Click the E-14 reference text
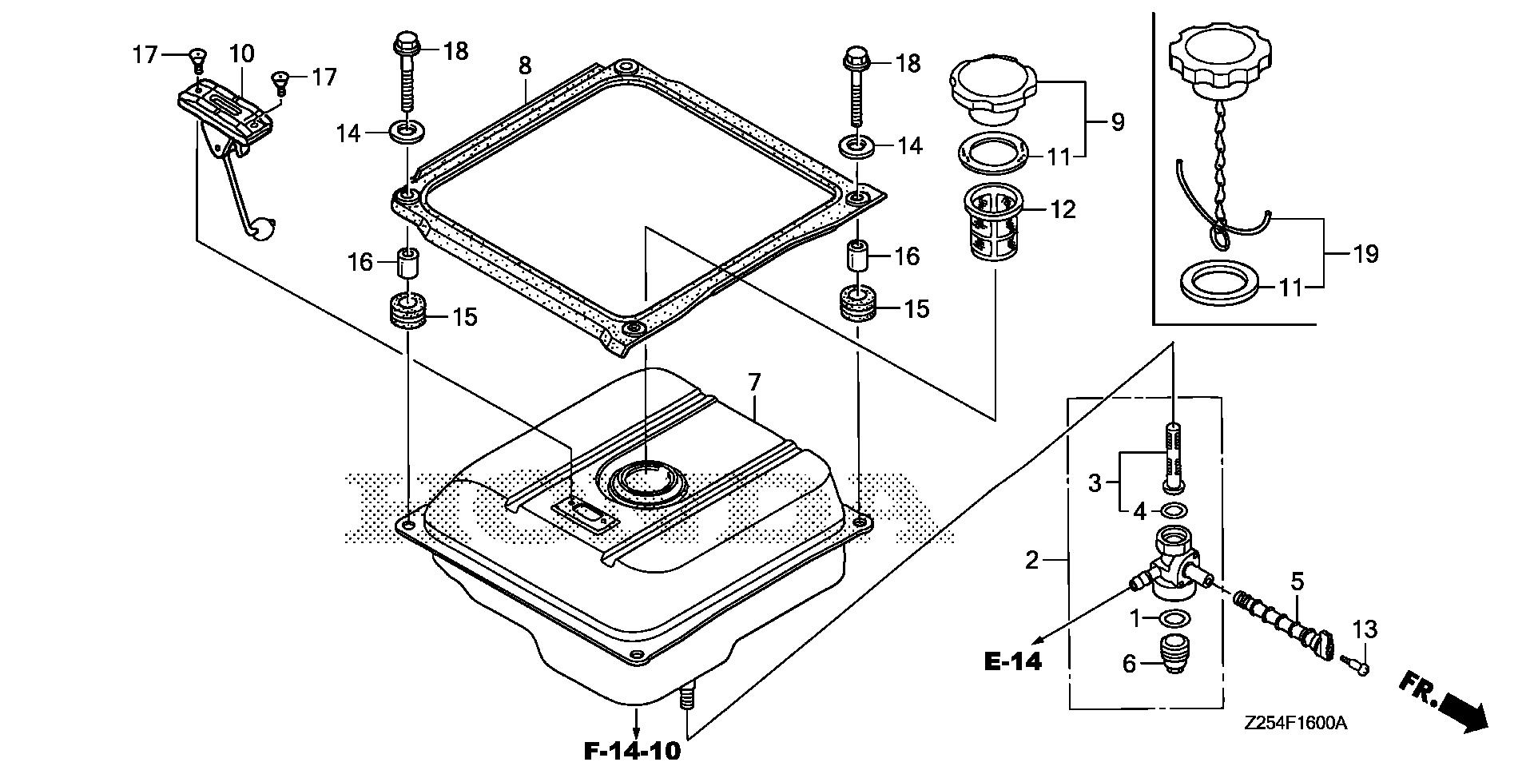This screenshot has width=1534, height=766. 1013,661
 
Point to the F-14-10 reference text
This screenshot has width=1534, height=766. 632,750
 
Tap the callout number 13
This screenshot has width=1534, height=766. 1365,629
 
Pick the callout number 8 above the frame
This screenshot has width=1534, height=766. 524,65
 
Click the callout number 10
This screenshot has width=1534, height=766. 241,54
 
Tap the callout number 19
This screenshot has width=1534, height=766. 1365,254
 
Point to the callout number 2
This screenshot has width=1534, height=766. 1031,560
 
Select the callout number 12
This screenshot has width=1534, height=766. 1063,209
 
